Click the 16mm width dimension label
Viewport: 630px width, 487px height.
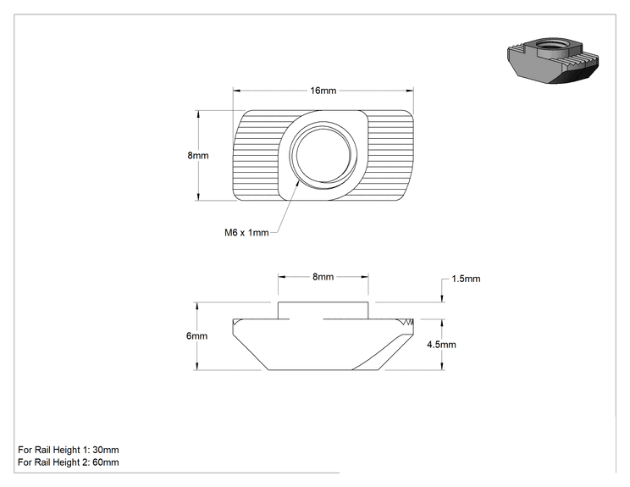coord(323,91)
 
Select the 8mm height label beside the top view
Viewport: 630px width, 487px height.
coord(198,156)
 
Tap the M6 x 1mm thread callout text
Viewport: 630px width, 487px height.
coord(246,233)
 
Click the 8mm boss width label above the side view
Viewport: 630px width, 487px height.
coord(323,277)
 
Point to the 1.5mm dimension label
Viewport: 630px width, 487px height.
coord(466,279)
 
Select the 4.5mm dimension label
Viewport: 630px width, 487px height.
coord(441,345)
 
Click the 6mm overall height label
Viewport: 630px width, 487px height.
coord(196,336)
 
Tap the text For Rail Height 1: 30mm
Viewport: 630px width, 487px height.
coord(69,450)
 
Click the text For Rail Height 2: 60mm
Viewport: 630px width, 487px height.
coord(69,462)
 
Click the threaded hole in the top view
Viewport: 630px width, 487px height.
coord(323,155)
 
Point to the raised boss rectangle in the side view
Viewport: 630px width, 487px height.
coord(323,311)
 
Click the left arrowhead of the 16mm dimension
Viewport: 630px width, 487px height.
coord(236,91)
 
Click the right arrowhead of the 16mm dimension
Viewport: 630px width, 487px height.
coord(410,91)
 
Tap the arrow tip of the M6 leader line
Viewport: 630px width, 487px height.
coord(299,182)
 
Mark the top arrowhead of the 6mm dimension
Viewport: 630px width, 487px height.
coord(196,306)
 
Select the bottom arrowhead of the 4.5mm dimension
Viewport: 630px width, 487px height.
coord(442,366)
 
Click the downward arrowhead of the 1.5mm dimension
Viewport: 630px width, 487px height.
coord(442,298)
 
